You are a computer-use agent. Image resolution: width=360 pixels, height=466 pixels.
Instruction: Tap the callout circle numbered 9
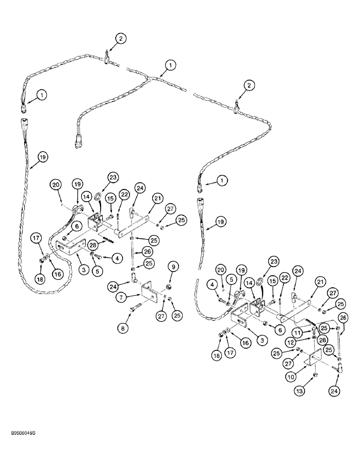click(x=172, y=267)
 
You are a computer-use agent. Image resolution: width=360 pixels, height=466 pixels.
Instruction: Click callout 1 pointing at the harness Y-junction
click(x=169, y=66)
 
